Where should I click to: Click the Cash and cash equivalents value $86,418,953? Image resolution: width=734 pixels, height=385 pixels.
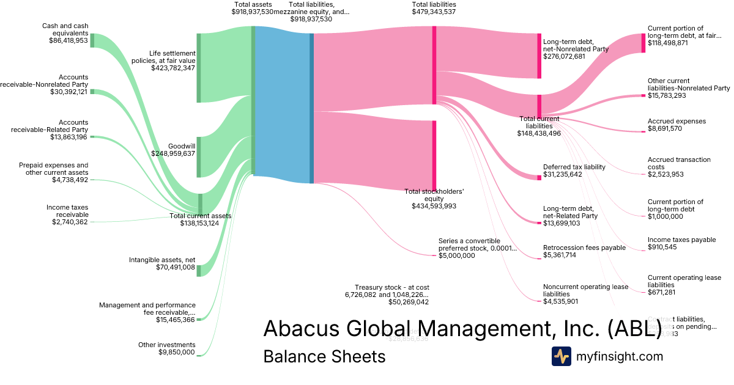click(69, 40)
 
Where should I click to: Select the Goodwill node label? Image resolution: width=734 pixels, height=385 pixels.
click(181, 146)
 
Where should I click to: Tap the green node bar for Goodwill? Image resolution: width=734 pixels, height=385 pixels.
click(198, 157)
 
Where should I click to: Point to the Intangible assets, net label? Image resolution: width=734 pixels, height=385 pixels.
click(161, 260)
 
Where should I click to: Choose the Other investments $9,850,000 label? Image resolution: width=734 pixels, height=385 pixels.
click(166, 348)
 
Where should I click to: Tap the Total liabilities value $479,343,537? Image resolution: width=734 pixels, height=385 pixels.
click(434, 12)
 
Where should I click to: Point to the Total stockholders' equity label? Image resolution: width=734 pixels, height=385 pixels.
click(434, 195)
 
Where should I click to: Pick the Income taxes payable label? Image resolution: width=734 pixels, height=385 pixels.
click(681, 240)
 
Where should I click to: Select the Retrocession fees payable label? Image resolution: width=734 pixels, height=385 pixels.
click(584, 248)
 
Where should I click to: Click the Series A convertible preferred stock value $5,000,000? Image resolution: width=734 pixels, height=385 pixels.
click(457, 255)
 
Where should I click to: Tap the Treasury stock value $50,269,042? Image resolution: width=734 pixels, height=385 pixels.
click(400, 302)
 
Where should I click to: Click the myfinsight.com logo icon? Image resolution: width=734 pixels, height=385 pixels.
click(561, 356)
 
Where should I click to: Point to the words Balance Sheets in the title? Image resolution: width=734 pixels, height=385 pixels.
click(324, 356)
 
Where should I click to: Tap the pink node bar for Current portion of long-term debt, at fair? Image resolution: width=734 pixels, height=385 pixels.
click(643, 43)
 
